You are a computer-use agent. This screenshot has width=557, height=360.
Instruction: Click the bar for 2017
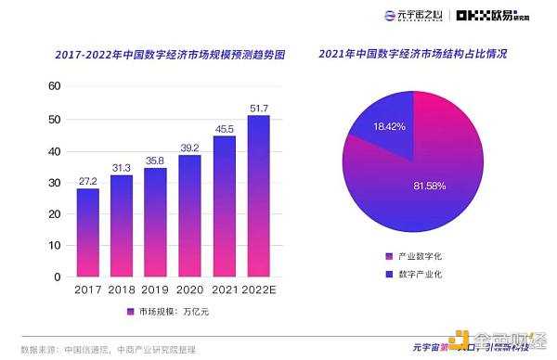(x=88, y=231)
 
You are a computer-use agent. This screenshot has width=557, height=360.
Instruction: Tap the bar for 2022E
(x=258, y=195)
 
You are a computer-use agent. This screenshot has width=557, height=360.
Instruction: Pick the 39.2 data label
(x=189, y=148)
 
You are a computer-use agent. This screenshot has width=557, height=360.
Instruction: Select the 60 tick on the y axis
(x=55, y=85)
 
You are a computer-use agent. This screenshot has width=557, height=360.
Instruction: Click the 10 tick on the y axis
(x=55, y=245)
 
